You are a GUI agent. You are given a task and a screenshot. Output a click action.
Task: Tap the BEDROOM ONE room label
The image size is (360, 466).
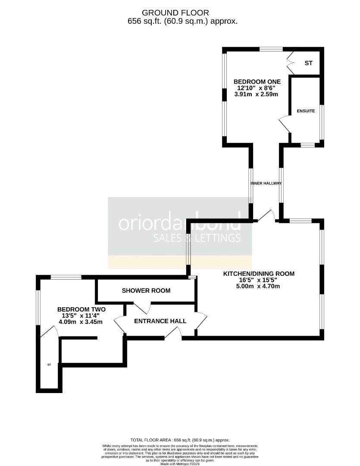pos(257,82)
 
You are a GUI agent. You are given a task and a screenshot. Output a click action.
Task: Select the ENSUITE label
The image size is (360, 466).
pos(306,111)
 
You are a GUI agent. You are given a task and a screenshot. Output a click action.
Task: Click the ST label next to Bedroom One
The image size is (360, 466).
pos(308,63)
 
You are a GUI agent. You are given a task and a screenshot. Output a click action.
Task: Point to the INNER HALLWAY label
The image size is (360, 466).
pos(266,183)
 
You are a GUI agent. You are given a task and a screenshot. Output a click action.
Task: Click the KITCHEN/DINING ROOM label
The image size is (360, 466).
pos(259,274)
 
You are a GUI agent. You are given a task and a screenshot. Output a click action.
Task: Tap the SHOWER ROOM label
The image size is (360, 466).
pos(146,290)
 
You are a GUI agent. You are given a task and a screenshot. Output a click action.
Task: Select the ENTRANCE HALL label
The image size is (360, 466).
pos(160,321)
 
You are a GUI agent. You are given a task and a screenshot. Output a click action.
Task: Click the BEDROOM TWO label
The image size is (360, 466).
pos(81,309)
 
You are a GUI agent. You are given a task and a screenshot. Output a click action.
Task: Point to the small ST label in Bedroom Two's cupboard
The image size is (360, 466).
pos(49,365)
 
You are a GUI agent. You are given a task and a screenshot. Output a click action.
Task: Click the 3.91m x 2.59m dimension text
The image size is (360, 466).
pos(257,94)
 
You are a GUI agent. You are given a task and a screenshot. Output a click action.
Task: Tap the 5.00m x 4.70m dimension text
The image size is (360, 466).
pos(259,286)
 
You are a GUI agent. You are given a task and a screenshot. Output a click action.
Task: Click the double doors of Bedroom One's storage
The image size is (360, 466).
pos(291,63)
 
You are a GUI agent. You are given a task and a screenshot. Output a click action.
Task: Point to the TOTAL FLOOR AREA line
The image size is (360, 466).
pos(180,439)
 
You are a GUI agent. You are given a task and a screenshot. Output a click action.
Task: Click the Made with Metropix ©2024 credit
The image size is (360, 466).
pos(180,464)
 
